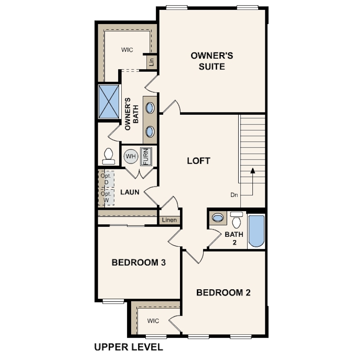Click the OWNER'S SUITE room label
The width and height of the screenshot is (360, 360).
point(212,61)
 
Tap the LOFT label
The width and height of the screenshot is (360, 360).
point(199,161)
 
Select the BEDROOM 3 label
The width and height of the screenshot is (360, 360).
point(139,262)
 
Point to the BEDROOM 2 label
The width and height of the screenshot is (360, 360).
point(224,292)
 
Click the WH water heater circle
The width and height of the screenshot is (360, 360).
point(131,156)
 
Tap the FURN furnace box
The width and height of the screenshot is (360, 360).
point(146,156)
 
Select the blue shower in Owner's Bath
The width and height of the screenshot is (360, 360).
point(108,101)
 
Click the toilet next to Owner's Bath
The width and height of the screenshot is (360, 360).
point(108,156)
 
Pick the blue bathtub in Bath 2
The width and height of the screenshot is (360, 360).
point(256,231)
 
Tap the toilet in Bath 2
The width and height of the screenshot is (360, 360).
point(236,220)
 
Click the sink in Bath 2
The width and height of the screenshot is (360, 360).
point(218,217)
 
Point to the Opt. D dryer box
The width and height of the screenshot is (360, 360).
point(106,179)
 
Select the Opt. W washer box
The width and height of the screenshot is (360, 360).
point(106,197)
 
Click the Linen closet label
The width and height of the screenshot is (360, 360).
point(169,220)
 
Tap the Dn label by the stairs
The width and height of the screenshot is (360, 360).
point(234,195)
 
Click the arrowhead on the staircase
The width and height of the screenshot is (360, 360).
point(253,170)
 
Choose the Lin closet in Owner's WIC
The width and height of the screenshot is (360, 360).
point(152,62)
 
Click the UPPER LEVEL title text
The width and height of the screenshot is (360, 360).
point(128,347)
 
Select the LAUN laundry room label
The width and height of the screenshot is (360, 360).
point(130,192)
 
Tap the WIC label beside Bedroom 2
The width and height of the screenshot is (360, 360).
point(153,321)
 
